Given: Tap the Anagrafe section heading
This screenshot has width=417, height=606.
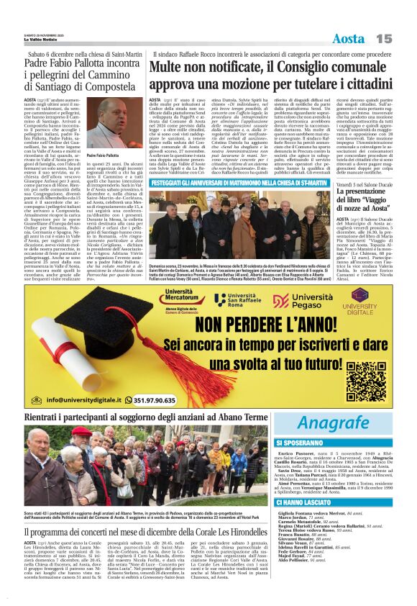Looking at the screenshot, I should click(x=333, y=422).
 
